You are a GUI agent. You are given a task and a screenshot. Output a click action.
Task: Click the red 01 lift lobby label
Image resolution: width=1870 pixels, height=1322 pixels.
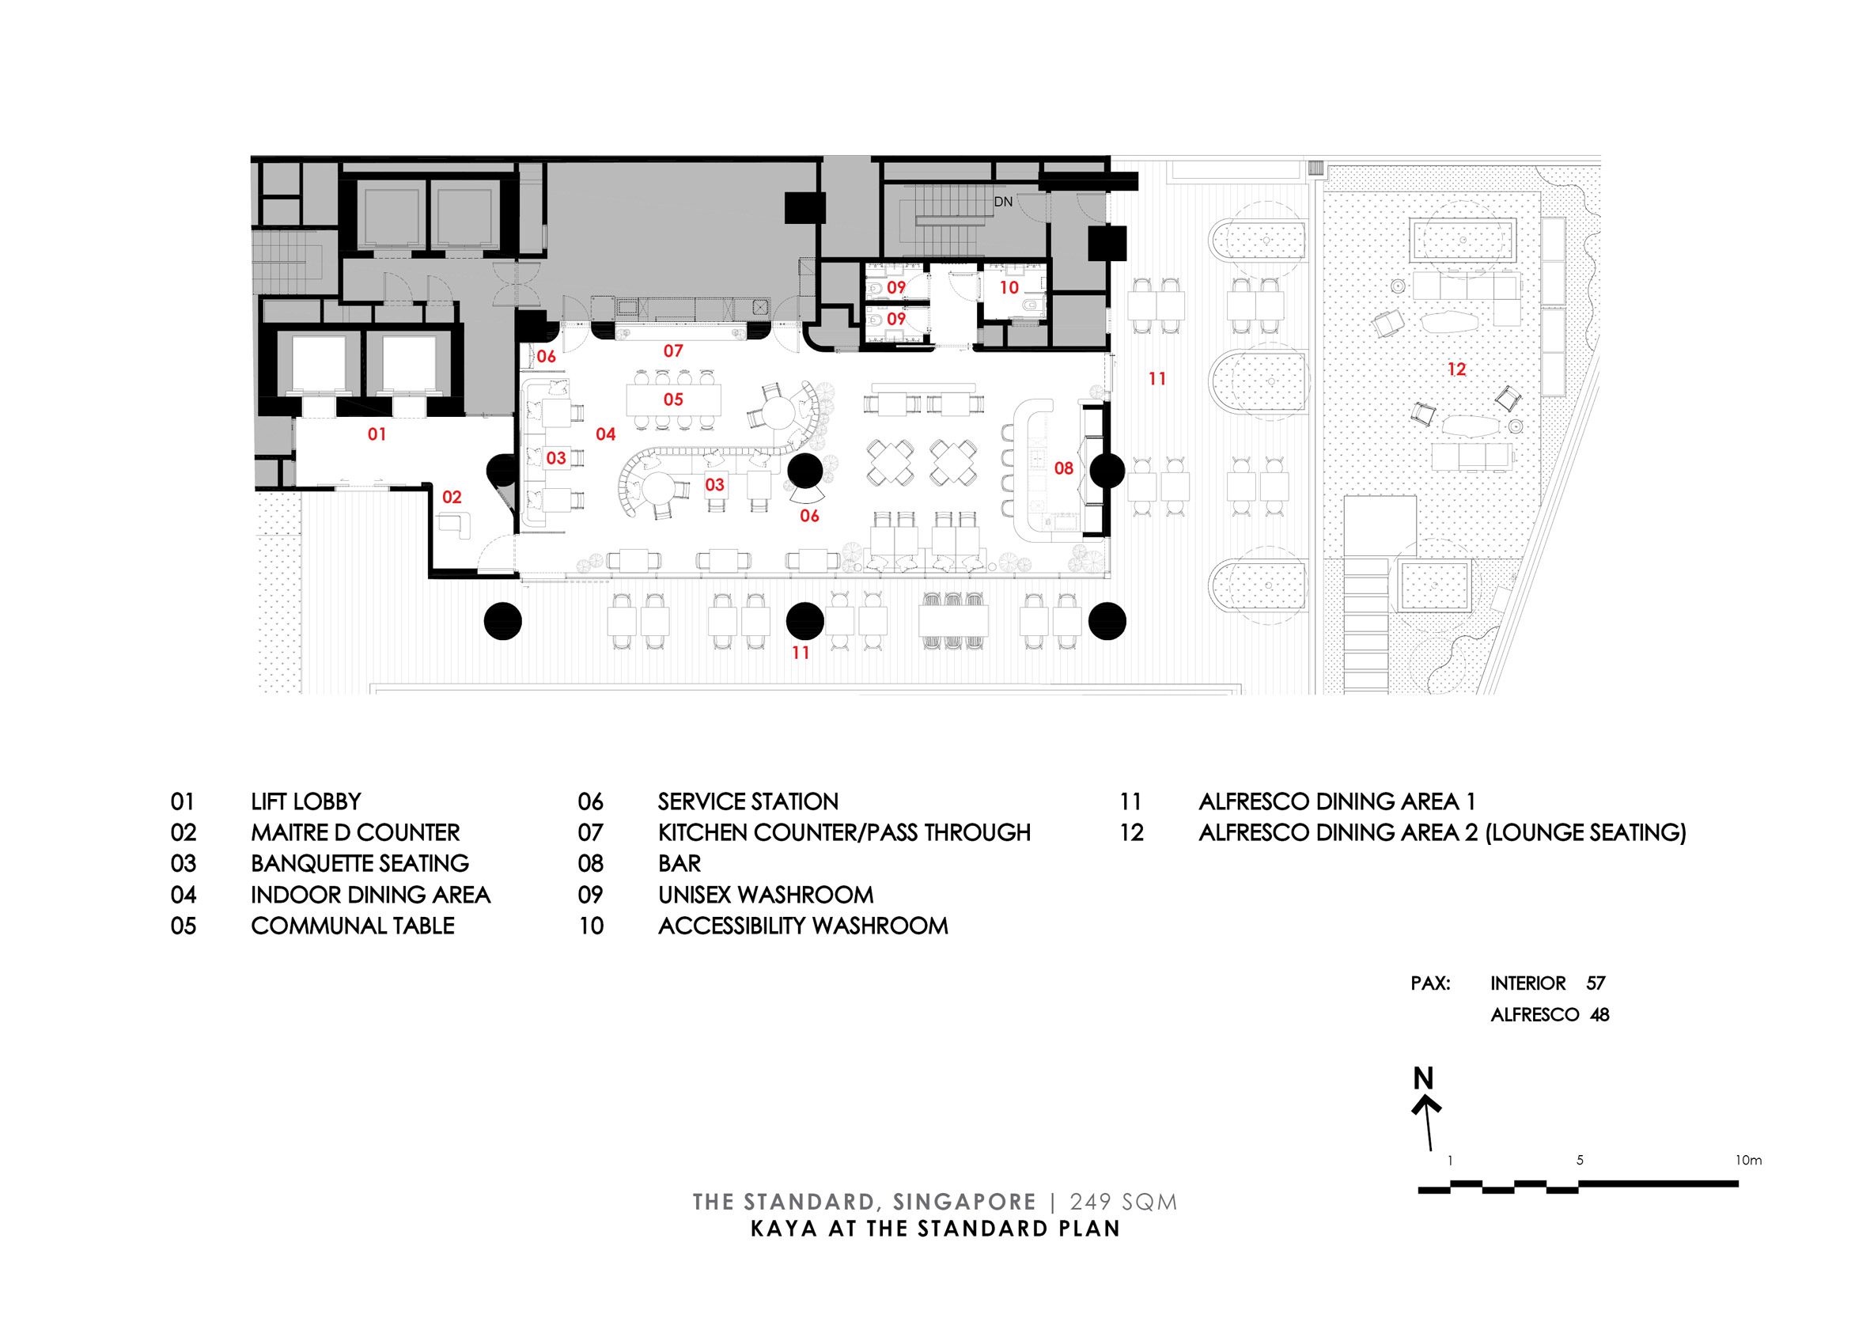click(x=377, y=434)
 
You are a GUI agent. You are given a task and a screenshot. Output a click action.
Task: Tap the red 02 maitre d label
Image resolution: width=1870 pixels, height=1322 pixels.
click(x=452, y=497)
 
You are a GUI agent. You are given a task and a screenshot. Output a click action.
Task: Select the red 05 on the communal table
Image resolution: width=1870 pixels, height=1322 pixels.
click(x=672, y=399)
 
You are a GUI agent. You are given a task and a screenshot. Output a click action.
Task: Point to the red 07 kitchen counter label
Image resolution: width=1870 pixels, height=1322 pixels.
click(x=672, y=351)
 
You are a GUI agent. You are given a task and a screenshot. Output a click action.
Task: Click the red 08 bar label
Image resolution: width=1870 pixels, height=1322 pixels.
click(x=1064, y=468)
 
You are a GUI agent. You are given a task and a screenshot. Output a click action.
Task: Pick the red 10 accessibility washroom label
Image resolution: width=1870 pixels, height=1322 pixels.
click(x=1009, y=287)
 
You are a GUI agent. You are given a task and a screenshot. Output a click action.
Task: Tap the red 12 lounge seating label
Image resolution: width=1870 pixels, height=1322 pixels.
click(x=1456, y=369)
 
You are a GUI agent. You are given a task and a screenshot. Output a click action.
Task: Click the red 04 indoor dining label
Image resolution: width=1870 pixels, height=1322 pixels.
click(x=605, y=434)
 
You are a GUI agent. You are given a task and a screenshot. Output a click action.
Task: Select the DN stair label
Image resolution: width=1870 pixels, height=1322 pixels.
click(x=1002, y=201)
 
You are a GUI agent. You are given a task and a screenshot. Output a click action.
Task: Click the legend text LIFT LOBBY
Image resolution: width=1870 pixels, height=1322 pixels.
click(x=305, y=801)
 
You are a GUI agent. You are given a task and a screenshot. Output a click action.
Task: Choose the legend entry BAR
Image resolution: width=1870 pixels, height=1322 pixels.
click(x=679, y=863)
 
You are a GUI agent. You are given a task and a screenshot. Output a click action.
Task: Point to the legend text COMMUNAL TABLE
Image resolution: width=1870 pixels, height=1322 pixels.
click(x=353, y=926)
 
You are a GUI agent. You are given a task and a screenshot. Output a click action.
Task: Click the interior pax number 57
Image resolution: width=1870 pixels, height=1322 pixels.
click(x=1596, y=983)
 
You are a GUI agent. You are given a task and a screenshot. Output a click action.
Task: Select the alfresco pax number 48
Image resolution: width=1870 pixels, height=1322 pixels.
click(x=1599, y=1015)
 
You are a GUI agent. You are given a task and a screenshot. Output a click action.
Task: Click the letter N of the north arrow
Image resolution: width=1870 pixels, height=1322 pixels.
click(x=1423, y=1078)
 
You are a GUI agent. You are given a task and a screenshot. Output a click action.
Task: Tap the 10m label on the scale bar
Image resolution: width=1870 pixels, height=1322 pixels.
click(x=1748, y=1160)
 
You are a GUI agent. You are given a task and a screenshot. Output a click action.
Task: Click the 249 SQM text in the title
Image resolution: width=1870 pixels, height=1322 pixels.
click(x=1123, y=1203)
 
